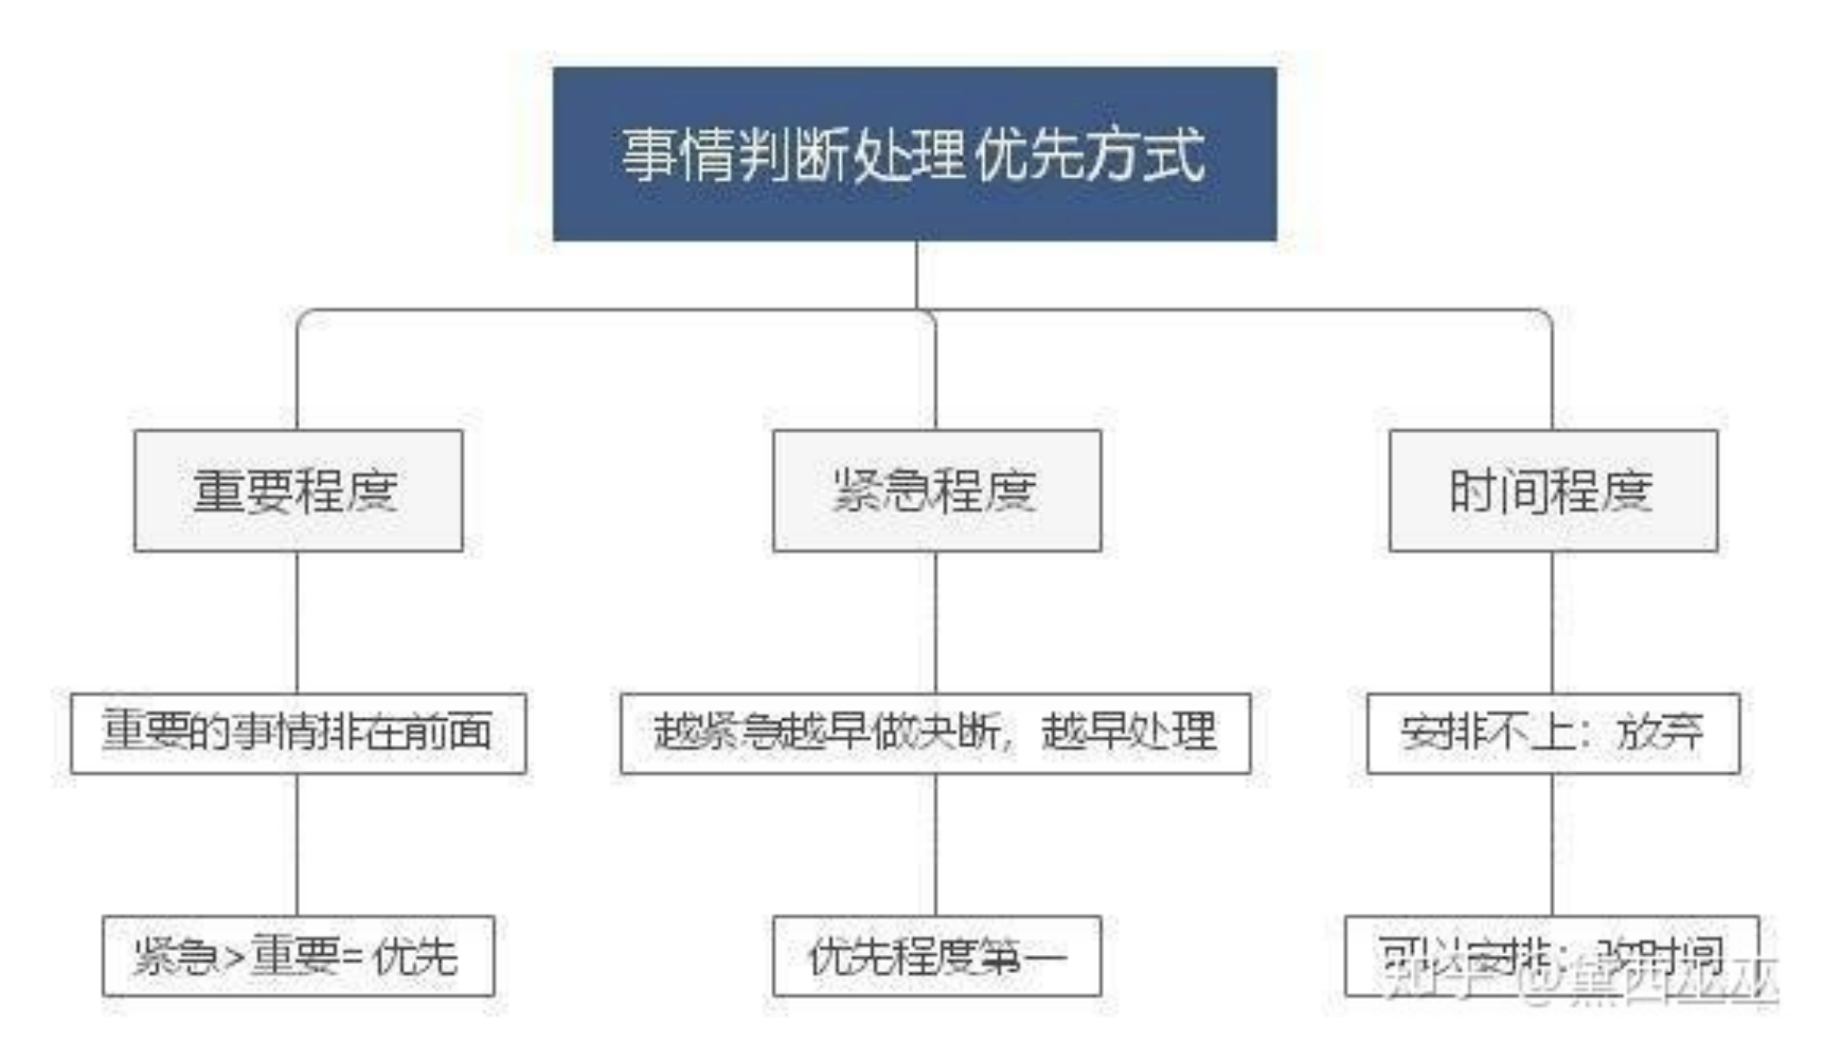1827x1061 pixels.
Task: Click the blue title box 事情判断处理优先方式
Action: coord(915,153)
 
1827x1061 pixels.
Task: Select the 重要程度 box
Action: coord(298,491)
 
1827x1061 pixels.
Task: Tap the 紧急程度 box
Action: coord(937,491)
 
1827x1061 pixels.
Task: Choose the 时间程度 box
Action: coord(1553,491)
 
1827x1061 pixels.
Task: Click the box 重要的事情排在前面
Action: coord(298,732)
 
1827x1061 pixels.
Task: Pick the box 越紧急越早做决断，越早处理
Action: coord(935,732)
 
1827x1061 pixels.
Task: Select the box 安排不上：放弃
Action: coord(1553,732)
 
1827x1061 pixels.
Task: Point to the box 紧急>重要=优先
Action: coord(298,956)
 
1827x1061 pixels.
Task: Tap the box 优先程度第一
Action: coord(937,956)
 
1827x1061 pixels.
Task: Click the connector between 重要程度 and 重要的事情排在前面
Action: coord(297,623)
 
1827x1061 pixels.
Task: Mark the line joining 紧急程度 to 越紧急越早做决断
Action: coord(936,623)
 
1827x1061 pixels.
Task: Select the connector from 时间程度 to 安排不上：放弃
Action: coord(1552,623)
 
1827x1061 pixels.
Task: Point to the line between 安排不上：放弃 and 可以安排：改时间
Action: coord(1552,844)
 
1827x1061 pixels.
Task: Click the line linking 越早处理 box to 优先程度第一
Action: coord(936,844)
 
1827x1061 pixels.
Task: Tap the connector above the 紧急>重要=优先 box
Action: coord(297,844)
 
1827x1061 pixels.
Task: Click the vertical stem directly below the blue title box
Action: coord(916,274)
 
